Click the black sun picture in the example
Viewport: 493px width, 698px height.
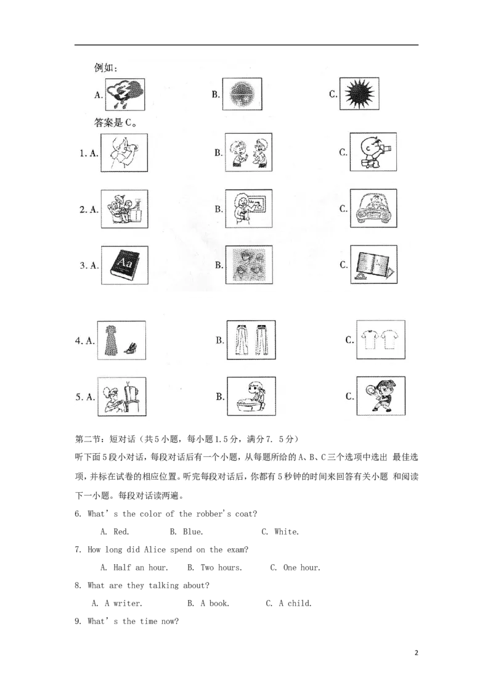pyautogui.click(x=359, y=94)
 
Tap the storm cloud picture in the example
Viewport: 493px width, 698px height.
pyautogui.click(x=125, y=94)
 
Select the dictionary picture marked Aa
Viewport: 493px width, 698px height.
pyautogui.click(x=124, y=265)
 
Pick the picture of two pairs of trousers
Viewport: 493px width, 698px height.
pyautogui.click(x=251, y=340)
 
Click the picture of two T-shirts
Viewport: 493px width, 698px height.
pyautogui.click(x=380, y=339)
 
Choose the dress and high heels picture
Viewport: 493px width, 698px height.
pyautogui.click(x=121, y=340)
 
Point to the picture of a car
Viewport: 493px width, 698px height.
pyautogui.click(x=373, y=208)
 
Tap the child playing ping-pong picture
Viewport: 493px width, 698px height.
pyautogui.click(x=380, y=396)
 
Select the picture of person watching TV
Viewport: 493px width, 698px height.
pyautogui.click(x=122, y=396)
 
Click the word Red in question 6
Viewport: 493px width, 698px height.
pyautogui.click(x=121, y=532)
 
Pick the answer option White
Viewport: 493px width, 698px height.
pyautogui.click(x=287, y=532)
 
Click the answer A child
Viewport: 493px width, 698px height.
pyautogui.click(x=295, y=603)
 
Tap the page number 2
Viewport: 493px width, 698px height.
pyautogui.click(x=417, y=653)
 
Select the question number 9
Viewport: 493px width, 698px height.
pyautogui.click(x=78, y=622)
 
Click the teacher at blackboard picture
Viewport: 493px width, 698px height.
pyautogui.click(x=249, y=209)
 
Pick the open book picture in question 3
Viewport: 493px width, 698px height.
pyautogui.click(x=373, y=265)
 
